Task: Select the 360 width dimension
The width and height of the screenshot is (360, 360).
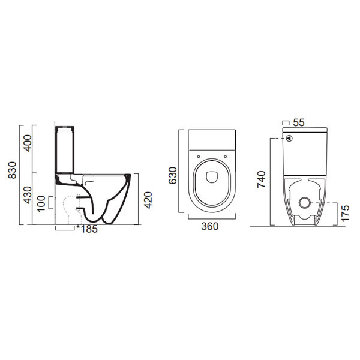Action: (x=209, y=226)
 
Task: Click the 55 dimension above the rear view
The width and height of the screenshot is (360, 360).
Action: (x=301, y=122)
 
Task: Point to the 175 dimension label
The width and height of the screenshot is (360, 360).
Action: (x=344, y=212)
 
